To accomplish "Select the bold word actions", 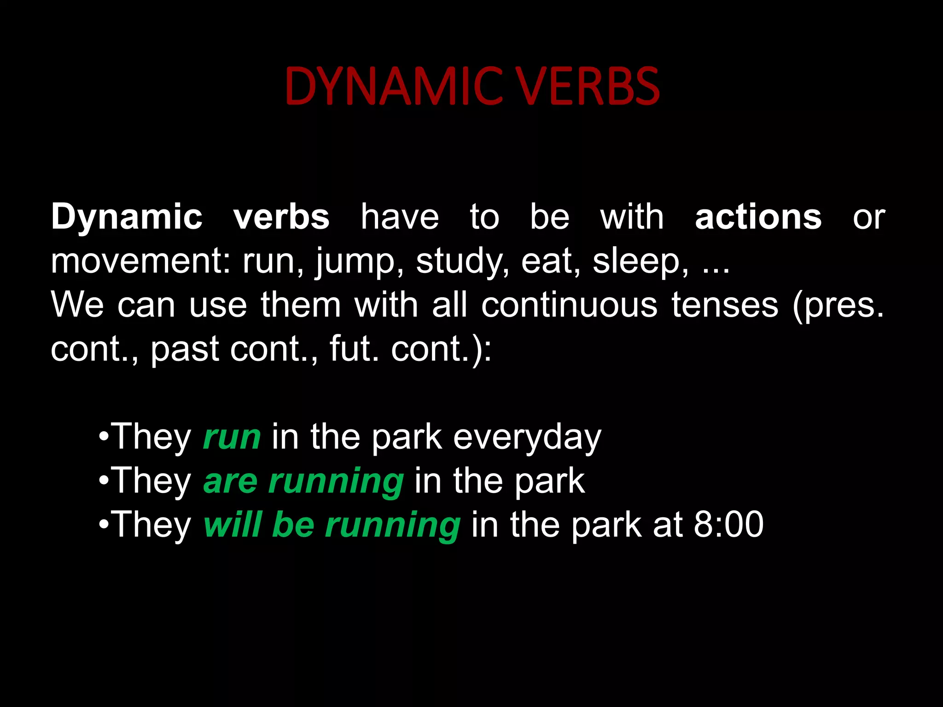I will point(758,217).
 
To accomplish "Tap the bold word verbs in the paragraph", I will point(281,217).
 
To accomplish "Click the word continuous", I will point(569,305).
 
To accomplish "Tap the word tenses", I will point(725,305).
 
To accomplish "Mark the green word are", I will point(230,481).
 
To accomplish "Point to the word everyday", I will point(527,437).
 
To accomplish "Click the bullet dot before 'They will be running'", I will point(104,525).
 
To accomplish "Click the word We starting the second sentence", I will point(77,305).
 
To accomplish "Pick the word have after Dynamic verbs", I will point(400,217).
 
